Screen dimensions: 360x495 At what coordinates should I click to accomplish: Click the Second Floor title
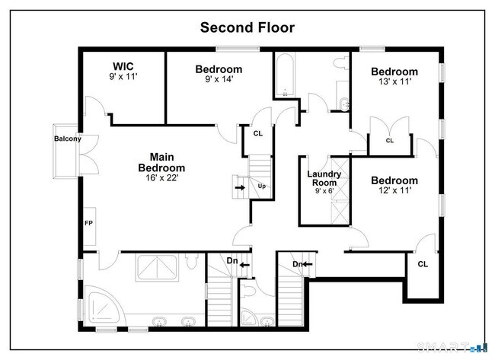(247, 27)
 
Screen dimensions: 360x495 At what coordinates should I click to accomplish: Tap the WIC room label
(123, 66)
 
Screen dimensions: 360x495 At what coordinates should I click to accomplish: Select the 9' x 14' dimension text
(219, 79)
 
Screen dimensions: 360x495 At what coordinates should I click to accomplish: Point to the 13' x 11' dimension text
(394, 82)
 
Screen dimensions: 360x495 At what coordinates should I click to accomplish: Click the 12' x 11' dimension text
(394, 191)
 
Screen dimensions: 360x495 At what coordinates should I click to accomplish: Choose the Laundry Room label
(324, 179)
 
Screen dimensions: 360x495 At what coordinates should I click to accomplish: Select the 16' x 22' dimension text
(161, 178)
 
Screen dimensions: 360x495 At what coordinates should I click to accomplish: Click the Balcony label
(67, 139)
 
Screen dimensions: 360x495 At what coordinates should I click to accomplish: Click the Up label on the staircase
(262, 186)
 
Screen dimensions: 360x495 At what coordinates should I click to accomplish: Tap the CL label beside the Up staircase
(258, 134)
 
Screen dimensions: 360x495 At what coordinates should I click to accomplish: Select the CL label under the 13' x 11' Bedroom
(389, 141)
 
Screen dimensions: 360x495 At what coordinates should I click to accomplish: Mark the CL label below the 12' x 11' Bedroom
(422, 264)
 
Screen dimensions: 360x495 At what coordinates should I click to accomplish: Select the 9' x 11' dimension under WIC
(123, 78)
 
